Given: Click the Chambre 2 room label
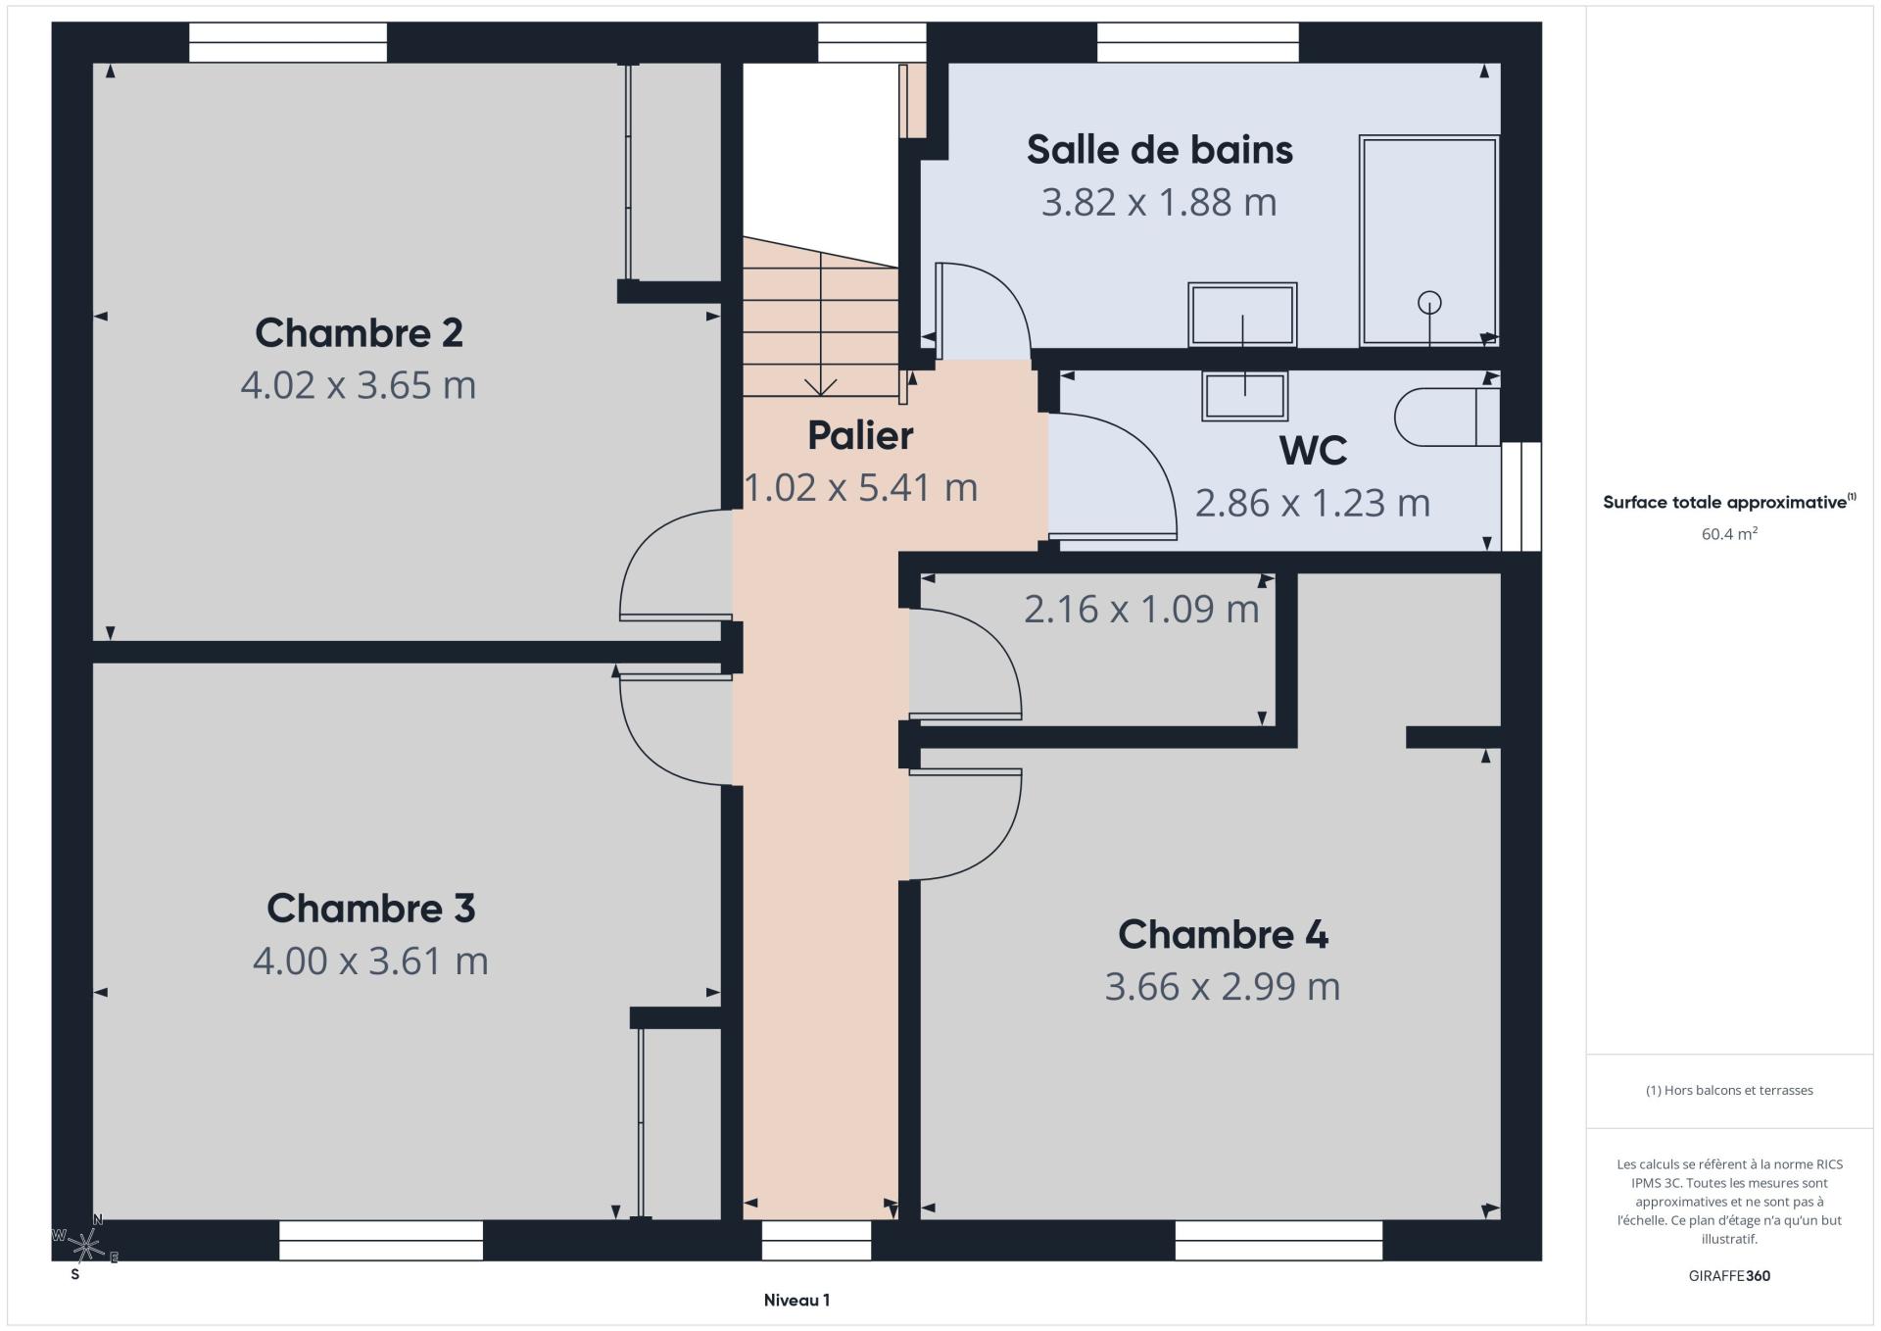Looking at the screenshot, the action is [359, 333].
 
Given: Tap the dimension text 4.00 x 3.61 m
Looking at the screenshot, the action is [370, 961].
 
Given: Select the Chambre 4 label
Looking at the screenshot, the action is [1223, 934].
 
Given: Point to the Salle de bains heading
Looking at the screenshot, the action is [1160, 150].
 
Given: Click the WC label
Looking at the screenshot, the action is [1313, 451].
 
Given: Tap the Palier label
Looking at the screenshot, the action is [860, 436].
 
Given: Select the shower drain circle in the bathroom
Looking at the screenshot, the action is [1429, 303].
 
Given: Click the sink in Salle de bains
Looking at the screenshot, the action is [1242, 315].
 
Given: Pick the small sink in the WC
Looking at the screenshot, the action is [1244, 397].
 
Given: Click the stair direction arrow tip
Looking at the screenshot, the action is [820, 394].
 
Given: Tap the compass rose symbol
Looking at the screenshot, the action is [86, 1246].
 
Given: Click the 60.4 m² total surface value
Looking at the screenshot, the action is [1729, 534].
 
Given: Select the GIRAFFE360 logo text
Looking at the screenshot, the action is [1729, 1276].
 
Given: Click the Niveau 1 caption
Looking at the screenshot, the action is [796, 1301].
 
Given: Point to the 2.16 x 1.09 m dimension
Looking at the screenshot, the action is [1141, 610].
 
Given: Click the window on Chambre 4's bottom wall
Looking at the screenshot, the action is [1278, 1241].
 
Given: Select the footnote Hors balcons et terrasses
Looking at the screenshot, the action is [1729, 1090].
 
